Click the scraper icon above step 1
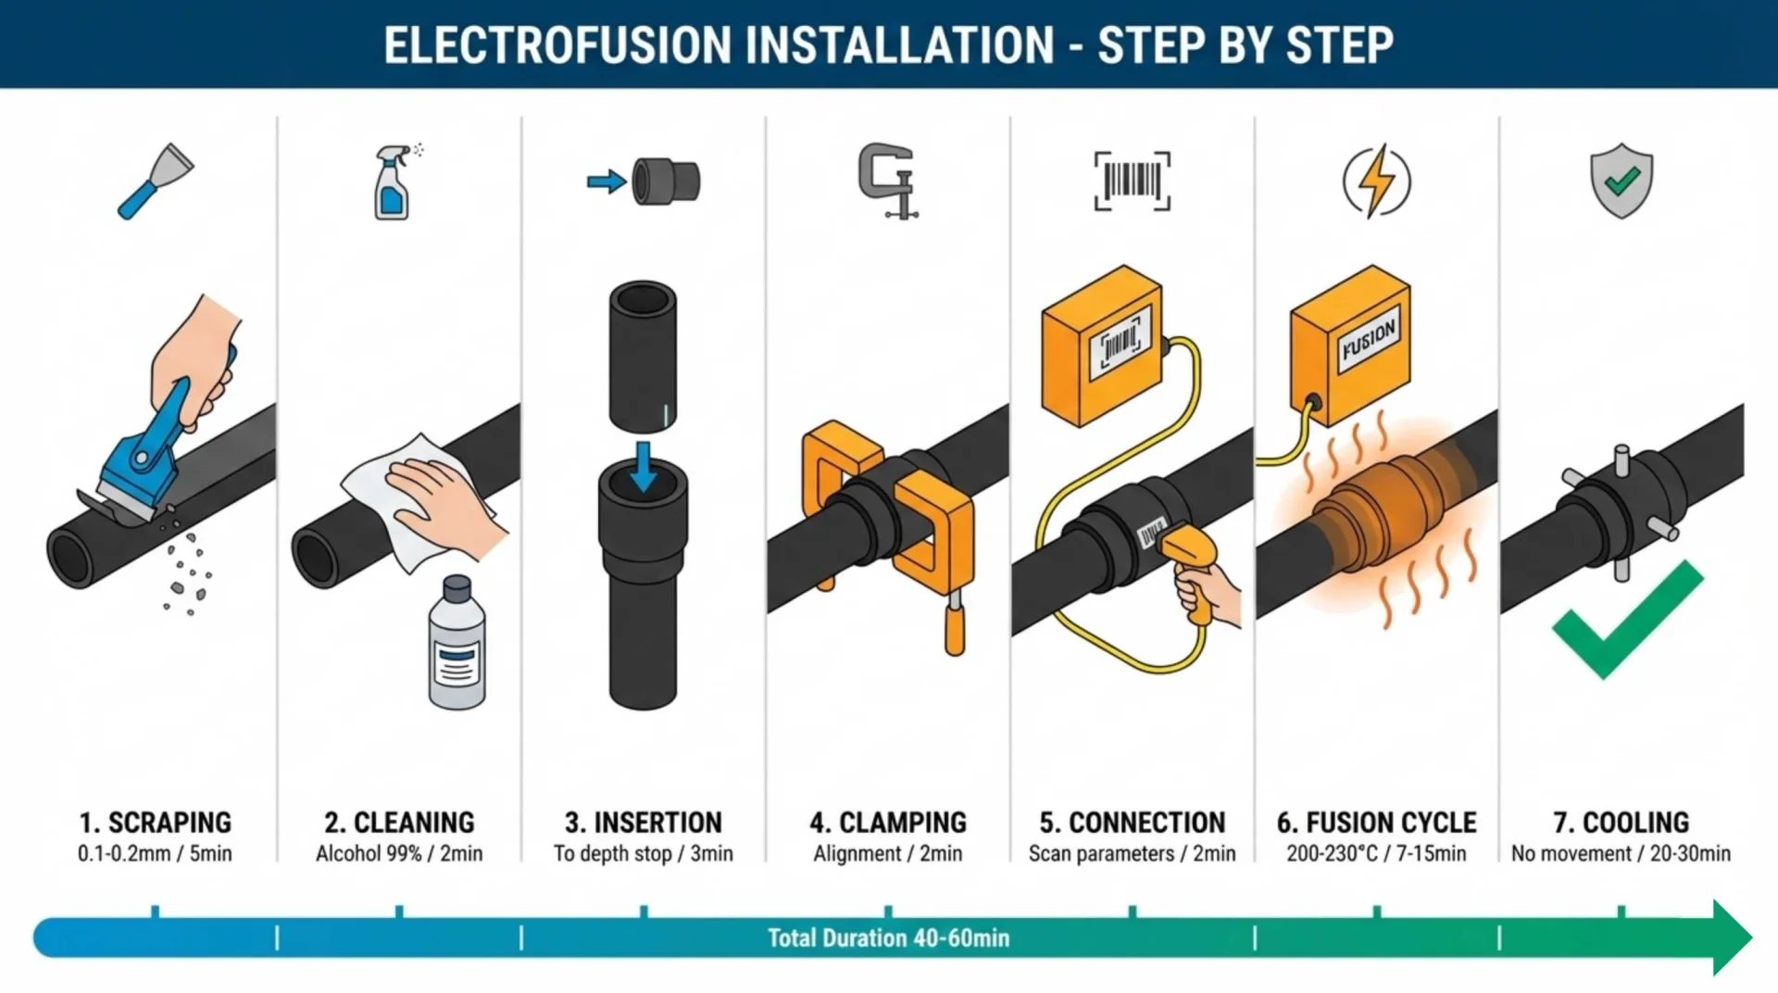(155, 181)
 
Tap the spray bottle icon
(393, 182)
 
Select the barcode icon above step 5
(1132, 181)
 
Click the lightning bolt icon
(1377, 181)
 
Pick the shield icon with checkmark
(1621, 181)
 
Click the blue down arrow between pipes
(643, 466)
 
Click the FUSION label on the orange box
(1368, 340)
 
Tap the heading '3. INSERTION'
(643, 823)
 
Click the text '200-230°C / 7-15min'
(1376, 853)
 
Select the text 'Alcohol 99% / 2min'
(399, 853)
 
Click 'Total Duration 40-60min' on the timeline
(887, 938)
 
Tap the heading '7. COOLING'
(1621, 823)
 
